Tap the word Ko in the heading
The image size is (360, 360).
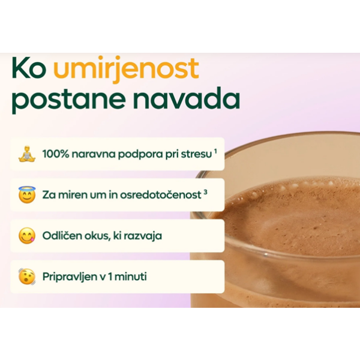pos(28,70)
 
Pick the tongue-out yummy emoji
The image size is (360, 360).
pos(26,235)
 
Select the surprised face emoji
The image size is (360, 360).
pos(26,277)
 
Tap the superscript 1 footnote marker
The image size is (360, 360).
pos(215,151)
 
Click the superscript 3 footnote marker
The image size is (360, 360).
pos(205,191)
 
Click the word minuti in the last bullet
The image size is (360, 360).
pos(130,277)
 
